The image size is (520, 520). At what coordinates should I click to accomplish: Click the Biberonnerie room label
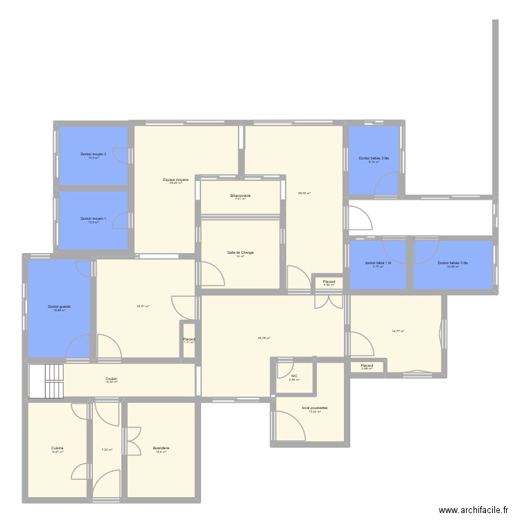[240, 196]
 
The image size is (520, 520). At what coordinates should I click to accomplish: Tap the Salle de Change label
[240, 252]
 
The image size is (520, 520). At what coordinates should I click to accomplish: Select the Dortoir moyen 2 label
[93, 154]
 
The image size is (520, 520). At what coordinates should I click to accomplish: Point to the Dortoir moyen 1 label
[93, 218]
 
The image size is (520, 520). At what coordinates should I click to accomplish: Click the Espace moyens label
[176, 180]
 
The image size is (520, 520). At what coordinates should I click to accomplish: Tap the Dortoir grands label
[60, 306]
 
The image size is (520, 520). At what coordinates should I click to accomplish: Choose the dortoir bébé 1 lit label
[378, 263]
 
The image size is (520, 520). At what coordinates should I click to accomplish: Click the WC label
[294, 376]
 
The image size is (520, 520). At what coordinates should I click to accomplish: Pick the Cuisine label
[57, 449]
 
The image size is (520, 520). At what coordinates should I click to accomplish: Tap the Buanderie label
[161, 449]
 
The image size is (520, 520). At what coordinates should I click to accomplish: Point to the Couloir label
[111, 379]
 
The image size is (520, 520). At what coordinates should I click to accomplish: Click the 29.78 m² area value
[263, 338]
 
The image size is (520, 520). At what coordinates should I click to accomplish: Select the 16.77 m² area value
[397, 331]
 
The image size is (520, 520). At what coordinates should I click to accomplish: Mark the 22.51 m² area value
[144, 306]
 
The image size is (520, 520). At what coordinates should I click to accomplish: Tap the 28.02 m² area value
[304, 193]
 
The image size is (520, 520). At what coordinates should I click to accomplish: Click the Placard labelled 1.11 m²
[189, 339]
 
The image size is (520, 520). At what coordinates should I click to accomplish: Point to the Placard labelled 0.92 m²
[329, 281]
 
